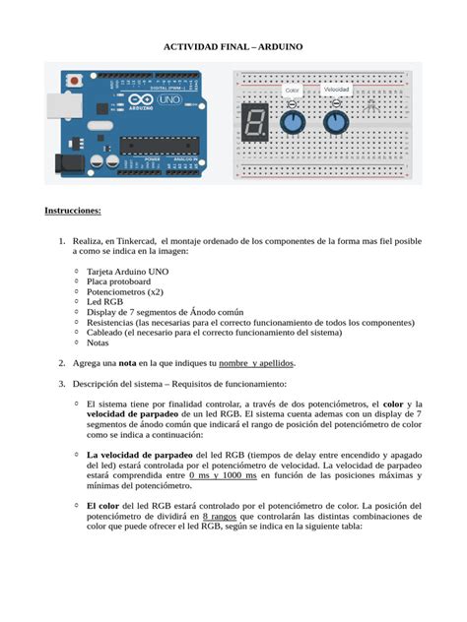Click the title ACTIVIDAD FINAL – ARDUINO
[233, 46]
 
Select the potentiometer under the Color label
[292, 122]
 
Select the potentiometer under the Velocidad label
[336, 122]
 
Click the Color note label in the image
[292, 91]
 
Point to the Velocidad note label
[337, 90]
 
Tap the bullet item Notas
[98, 342]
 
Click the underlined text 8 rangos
[219, 515]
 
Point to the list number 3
[61, 384]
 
